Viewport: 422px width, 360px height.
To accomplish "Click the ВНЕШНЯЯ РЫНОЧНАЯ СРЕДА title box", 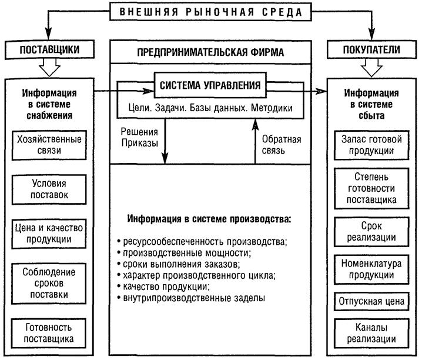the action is tap(210, 12).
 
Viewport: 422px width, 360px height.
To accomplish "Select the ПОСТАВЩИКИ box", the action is tap(49, 49).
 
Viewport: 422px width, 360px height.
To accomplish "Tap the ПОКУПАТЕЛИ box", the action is tap(371, 49).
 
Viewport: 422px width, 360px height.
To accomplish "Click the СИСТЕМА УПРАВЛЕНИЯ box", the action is tap(210, 85).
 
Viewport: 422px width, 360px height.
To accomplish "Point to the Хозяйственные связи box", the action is tap(49, 145).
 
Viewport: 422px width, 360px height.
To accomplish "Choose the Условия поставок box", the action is tap(49, 189).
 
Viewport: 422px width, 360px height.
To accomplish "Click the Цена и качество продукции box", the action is tap(49, 234).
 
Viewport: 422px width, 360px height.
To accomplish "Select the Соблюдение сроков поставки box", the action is tap(49, 284).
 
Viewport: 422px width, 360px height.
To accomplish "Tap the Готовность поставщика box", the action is tap(49, 334).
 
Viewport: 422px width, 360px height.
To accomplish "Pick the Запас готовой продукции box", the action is tap(371, 145).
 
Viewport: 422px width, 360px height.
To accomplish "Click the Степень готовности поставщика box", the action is tap(371, 188).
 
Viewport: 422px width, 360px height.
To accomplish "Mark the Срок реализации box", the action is tap(371, 232).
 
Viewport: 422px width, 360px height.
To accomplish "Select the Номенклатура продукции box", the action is tap(371, 269).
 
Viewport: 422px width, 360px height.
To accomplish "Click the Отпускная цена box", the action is tap(371, 301).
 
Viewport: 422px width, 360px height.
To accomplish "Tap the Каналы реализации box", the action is tap(371, 334).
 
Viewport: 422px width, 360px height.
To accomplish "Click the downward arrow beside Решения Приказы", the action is tap(165, 141).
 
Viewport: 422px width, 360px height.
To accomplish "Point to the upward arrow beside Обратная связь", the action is tap(255, 141).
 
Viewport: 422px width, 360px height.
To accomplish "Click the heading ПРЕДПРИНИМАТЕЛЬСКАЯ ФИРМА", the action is tap(210, 52).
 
